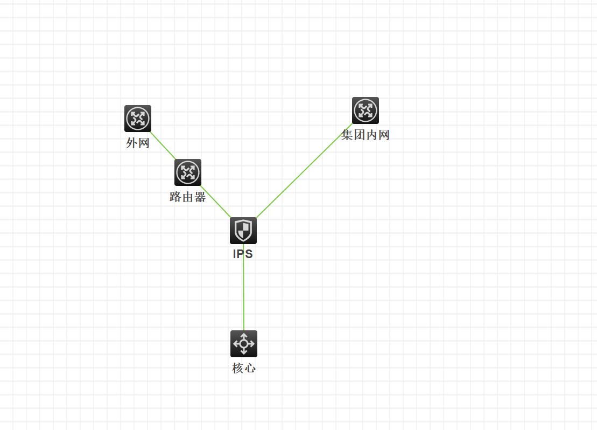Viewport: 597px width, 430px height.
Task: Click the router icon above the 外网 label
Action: coord(138,119)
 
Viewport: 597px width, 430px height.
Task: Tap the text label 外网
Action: coord(138,143)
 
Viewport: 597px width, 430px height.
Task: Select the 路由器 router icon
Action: coord(188,172)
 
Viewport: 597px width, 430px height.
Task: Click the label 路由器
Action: coord(188,197)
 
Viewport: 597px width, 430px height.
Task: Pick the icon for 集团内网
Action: coord(366,110)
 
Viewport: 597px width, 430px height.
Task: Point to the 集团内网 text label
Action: coord(366,135)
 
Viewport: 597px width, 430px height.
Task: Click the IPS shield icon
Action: coord(243,231)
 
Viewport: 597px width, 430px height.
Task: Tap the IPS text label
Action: coord(243,254)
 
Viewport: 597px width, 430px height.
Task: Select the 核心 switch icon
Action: coord(244,344)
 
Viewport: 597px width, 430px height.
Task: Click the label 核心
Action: coord(244,368)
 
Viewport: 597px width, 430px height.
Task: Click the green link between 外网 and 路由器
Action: coord(163,145)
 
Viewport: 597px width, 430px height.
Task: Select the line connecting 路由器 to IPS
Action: coord(215,202)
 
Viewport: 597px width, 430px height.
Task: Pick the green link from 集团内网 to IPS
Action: coord(304,171)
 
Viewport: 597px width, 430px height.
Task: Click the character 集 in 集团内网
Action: coord(347,135)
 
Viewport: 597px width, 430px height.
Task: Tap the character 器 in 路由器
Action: coord(200,197)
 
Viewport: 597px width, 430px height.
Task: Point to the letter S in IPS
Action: coord(249,254)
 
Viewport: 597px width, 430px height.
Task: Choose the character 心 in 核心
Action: coord(250,368)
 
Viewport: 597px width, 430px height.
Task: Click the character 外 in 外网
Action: coord(132,143)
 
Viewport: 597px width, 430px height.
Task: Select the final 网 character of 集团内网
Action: coord(383,135)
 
